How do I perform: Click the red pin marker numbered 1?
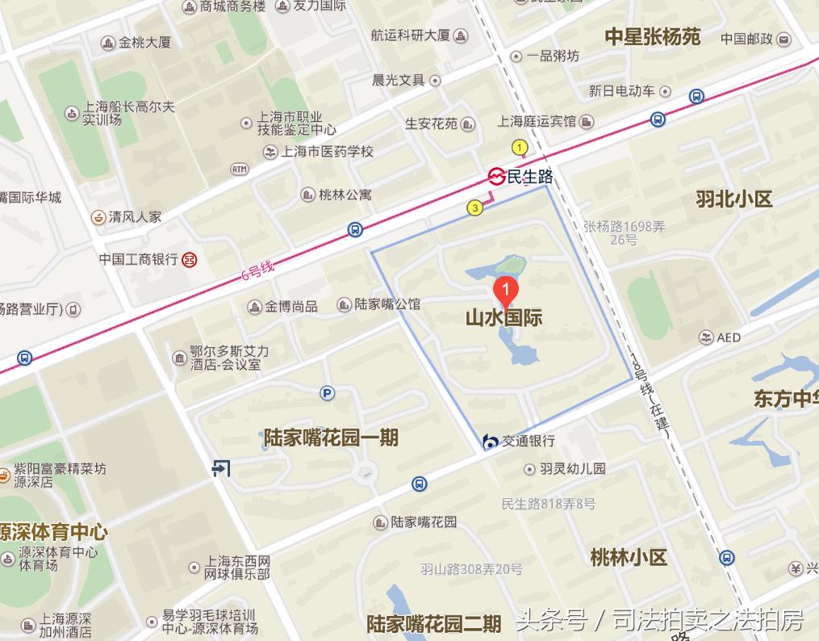coord(505,289)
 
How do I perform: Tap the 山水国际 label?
coord(504,317)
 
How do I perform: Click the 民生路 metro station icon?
coord(496,176)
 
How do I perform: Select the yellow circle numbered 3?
coord(475,208)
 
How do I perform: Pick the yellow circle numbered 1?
coord(520,147)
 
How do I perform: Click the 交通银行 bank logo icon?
coord(490,441)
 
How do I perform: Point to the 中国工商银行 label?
coord(138,259)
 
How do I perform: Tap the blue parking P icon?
coord(327,393)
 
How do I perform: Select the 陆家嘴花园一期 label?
coord(331,438)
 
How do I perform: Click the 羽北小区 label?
coord(734,199)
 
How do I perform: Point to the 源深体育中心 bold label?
coord(53,533)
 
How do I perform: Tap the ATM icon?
coord(240,169)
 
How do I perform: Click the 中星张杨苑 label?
coord(653,36)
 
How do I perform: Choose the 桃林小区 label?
coord(629,557)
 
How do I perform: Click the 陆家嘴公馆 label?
coord(387,304)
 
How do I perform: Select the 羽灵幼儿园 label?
coord(572,468)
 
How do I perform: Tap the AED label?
coord(728,337)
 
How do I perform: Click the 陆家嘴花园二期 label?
coord(434,624)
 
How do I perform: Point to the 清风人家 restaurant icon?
coord(97,216)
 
